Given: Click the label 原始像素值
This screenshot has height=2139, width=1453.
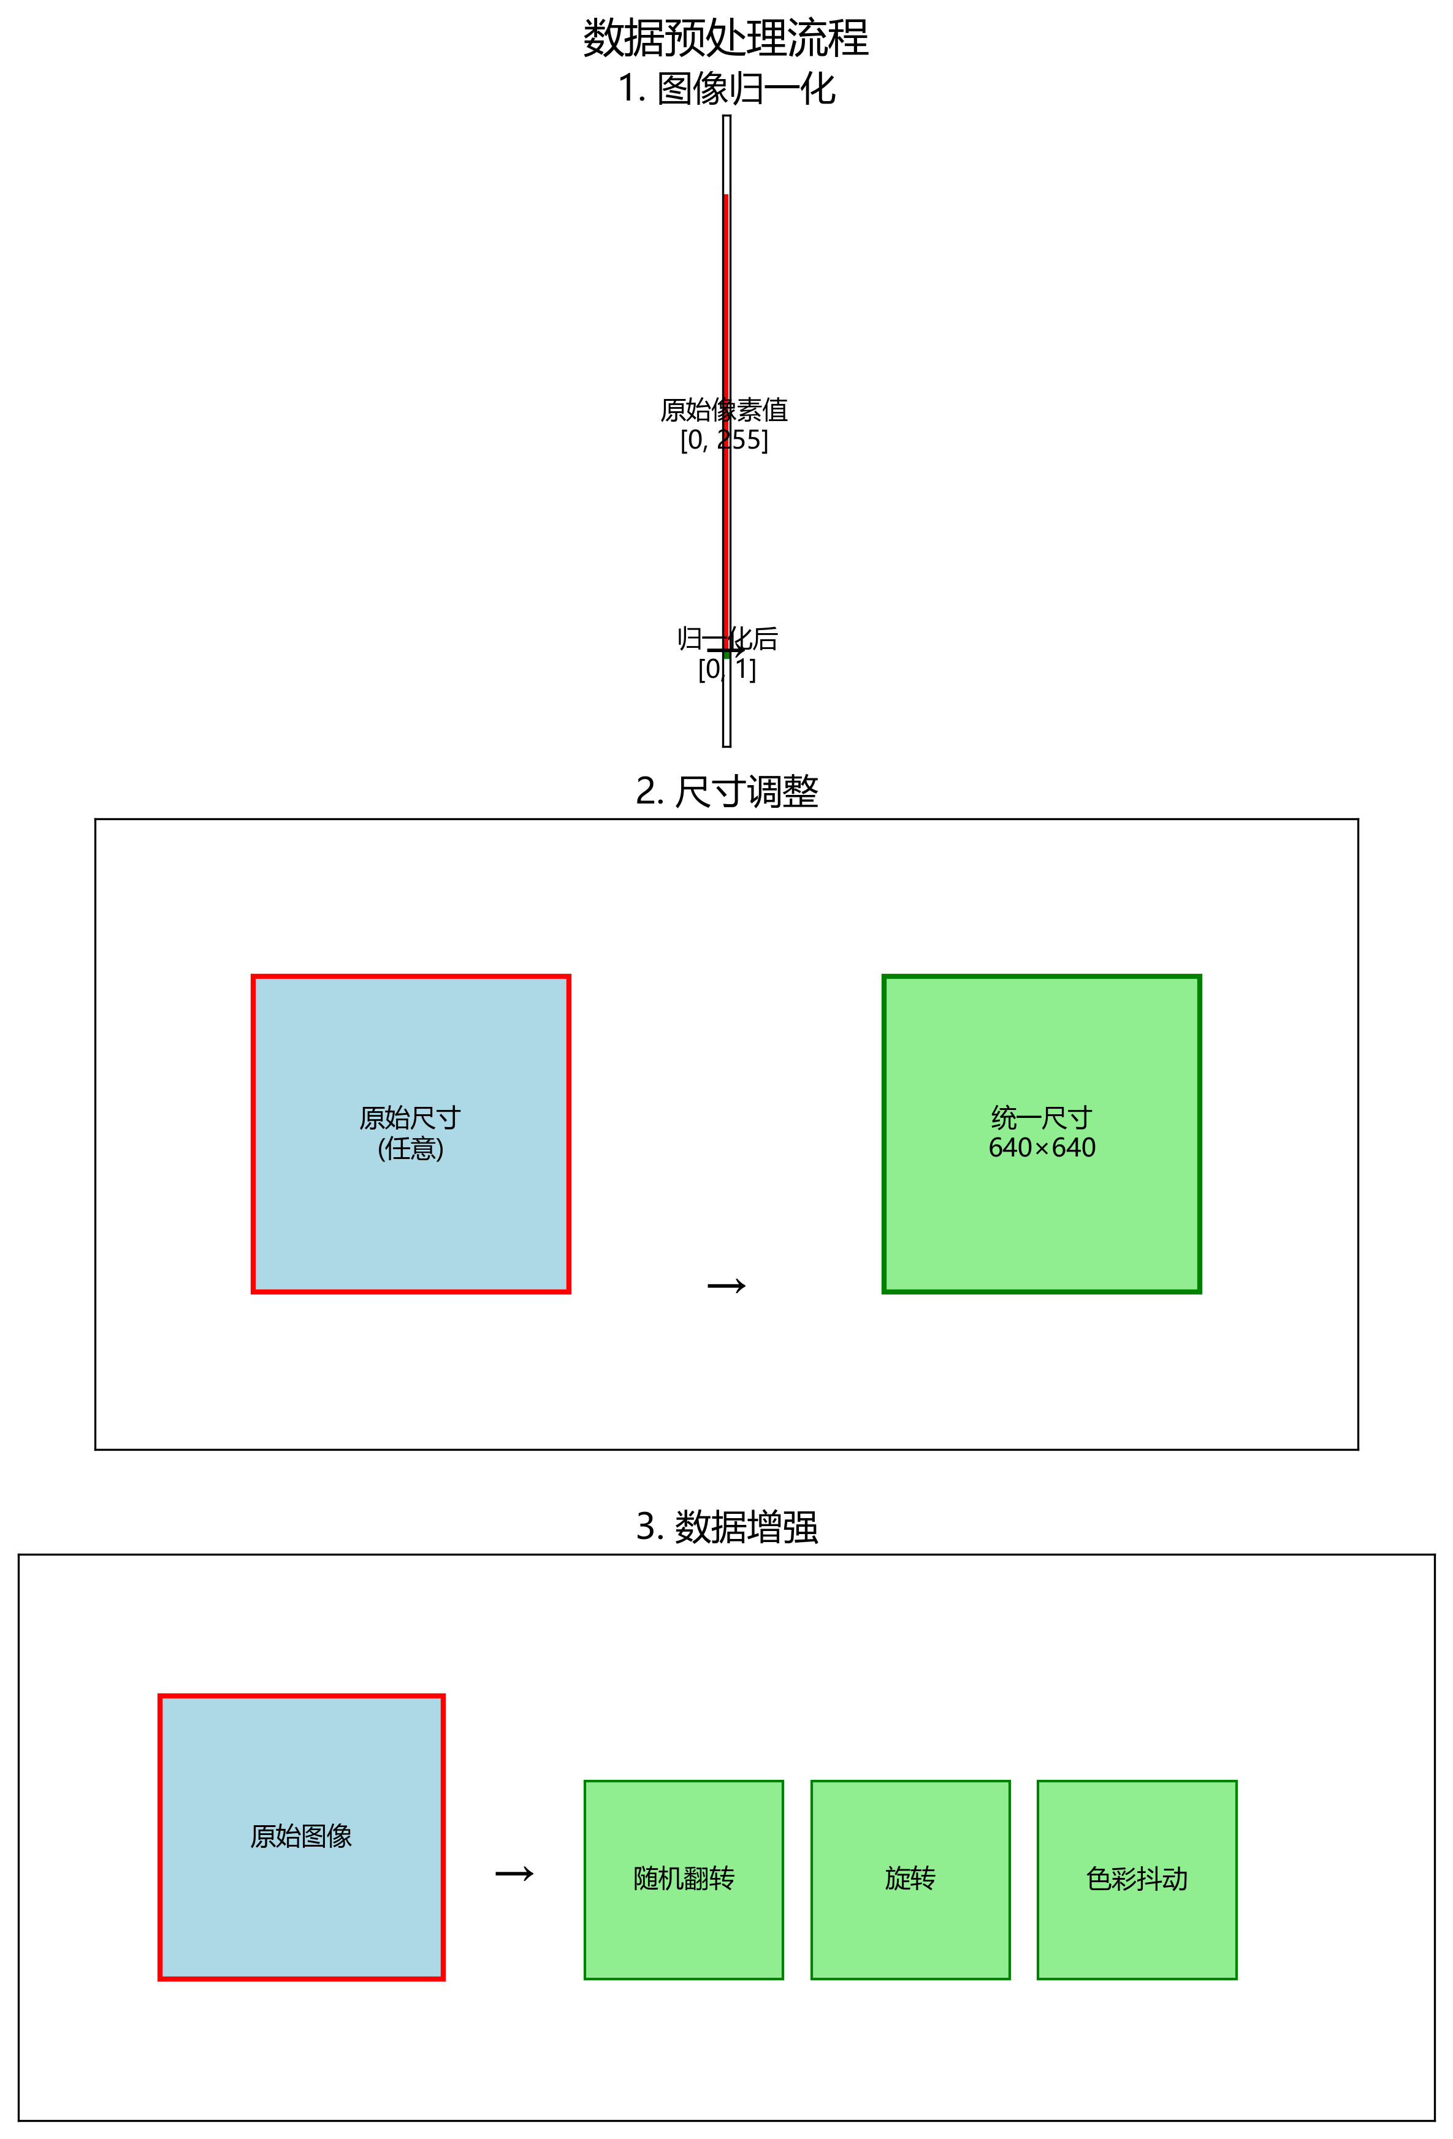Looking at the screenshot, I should pos(723,409).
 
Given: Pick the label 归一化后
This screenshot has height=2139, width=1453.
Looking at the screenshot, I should pos(728,638).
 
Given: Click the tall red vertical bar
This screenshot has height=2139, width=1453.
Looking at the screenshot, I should pos(725,322).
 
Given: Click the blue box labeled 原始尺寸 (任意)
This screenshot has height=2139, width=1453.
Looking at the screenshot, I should pos(411,1215).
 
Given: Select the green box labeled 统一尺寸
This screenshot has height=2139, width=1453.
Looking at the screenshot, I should pos(1042,1215).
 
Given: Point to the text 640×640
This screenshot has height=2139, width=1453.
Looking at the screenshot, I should pos(1042,1148).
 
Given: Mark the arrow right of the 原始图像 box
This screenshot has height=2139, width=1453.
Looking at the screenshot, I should pos(514,1874).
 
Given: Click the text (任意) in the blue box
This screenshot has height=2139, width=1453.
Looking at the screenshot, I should pos(411,1149).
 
